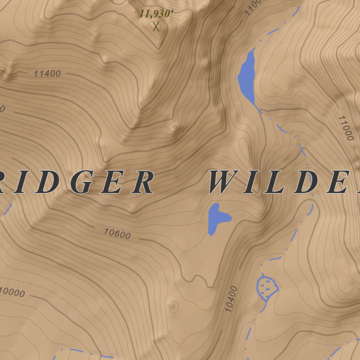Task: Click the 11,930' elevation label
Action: pos(156,14)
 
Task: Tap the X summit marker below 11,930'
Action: pos(156,26)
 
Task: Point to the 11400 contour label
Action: pos(47,74)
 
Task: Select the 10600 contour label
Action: pos(117,234)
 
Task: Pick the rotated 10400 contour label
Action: pos(231,299)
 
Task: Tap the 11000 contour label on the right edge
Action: pos(346,128)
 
